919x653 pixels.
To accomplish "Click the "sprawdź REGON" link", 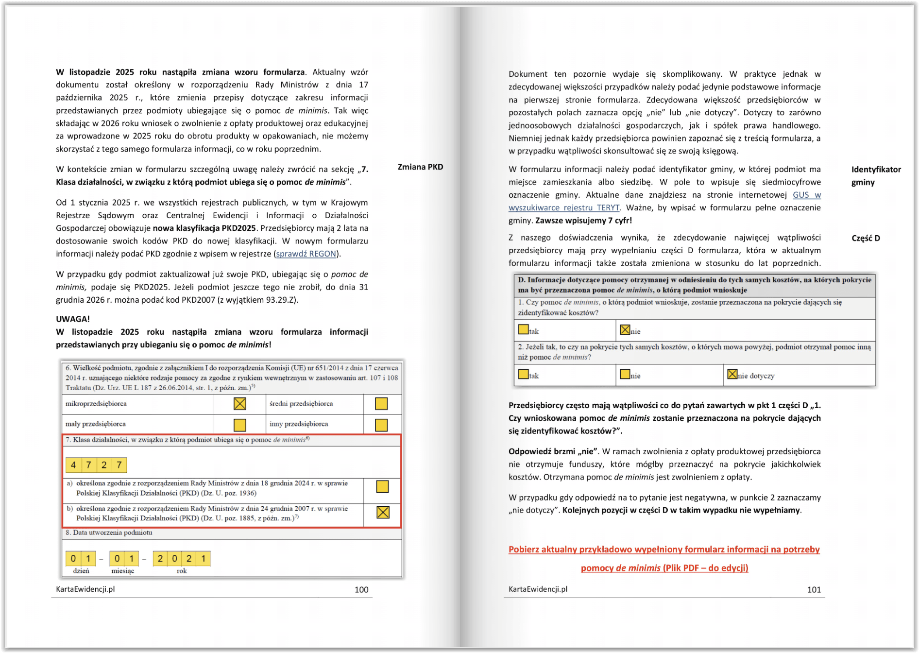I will (306, 254).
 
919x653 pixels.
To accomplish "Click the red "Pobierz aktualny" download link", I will (664, 550).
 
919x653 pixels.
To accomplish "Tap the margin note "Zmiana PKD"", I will (420, 167).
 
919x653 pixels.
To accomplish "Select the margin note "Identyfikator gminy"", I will (876, 175).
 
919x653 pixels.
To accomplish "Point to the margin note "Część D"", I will (866, 238).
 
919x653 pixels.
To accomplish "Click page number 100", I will (361, 589).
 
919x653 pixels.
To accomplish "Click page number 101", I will (814, 589).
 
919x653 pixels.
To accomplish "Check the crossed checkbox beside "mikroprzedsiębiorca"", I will (240, 404).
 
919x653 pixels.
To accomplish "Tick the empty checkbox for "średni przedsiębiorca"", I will (381, 404).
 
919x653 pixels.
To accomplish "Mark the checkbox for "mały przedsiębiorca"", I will (240, 425).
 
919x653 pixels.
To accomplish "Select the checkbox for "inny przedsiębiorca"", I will (381, 425).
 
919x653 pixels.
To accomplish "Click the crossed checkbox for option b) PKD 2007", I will (383, 512).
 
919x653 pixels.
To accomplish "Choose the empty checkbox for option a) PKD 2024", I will (382, 486).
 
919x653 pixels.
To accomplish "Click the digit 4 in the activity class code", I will (73, 465).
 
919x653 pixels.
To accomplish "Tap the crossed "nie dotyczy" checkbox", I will (732, 374).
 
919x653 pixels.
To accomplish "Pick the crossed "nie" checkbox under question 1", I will (625, 330).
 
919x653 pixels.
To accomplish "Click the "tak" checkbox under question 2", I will (523, 374).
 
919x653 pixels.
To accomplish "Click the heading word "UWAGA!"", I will (73, 319).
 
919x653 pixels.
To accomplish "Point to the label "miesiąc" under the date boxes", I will (122, 571).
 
